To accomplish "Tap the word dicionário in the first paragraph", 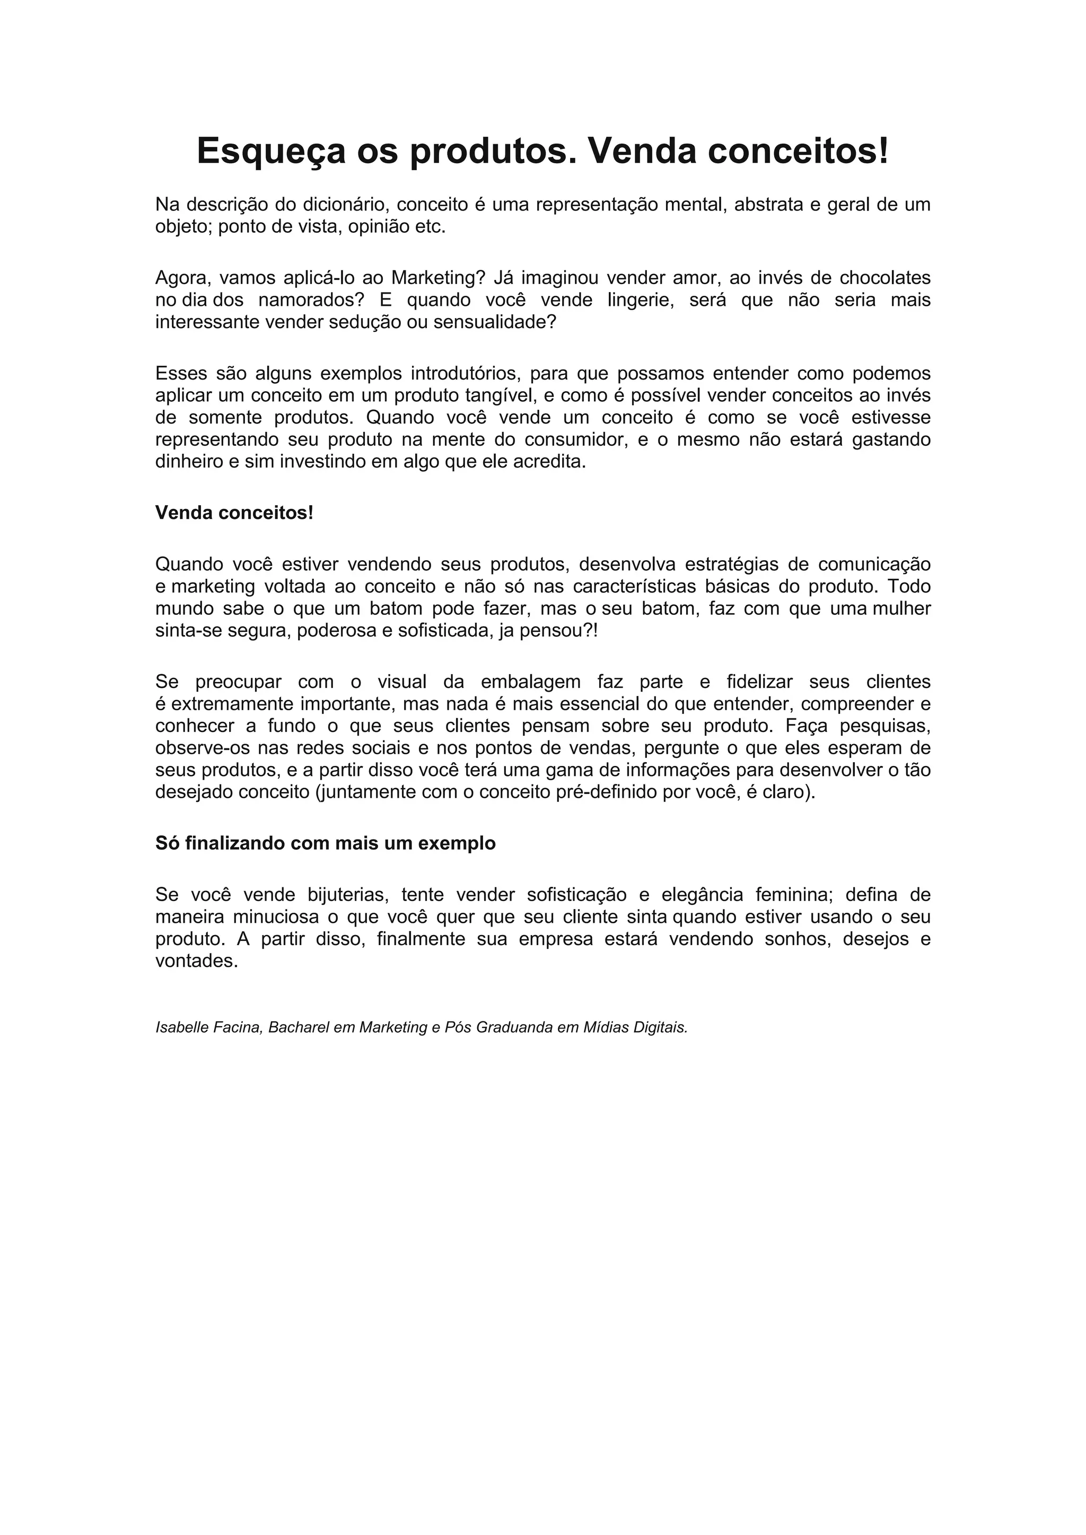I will [x=345, y=205].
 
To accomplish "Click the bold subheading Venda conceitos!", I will [x=234, y=513].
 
